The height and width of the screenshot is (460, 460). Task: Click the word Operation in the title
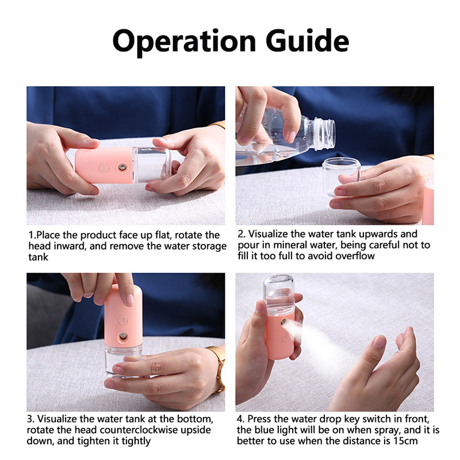coord(184,41)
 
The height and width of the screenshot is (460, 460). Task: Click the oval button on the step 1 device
coord(104,168)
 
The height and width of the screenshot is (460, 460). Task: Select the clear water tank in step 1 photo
coord(151,164)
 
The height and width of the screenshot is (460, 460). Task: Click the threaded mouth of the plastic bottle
coord(324,134)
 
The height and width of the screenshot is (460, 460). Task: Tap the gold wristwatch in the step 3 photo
coord(219,369)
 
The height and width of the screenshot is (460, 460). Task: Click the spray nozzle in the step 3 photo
coord(123,336)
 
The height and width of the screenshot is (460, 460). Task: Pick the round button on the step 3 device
coord(123,320)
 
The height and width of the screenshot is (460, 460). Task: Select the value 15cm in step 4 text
coord(406,441)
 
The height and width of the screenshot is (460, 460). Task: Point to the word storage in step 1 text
coord(209,246)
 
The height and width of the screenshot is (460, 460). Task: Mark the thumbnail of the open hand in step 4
coord(379,343)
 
